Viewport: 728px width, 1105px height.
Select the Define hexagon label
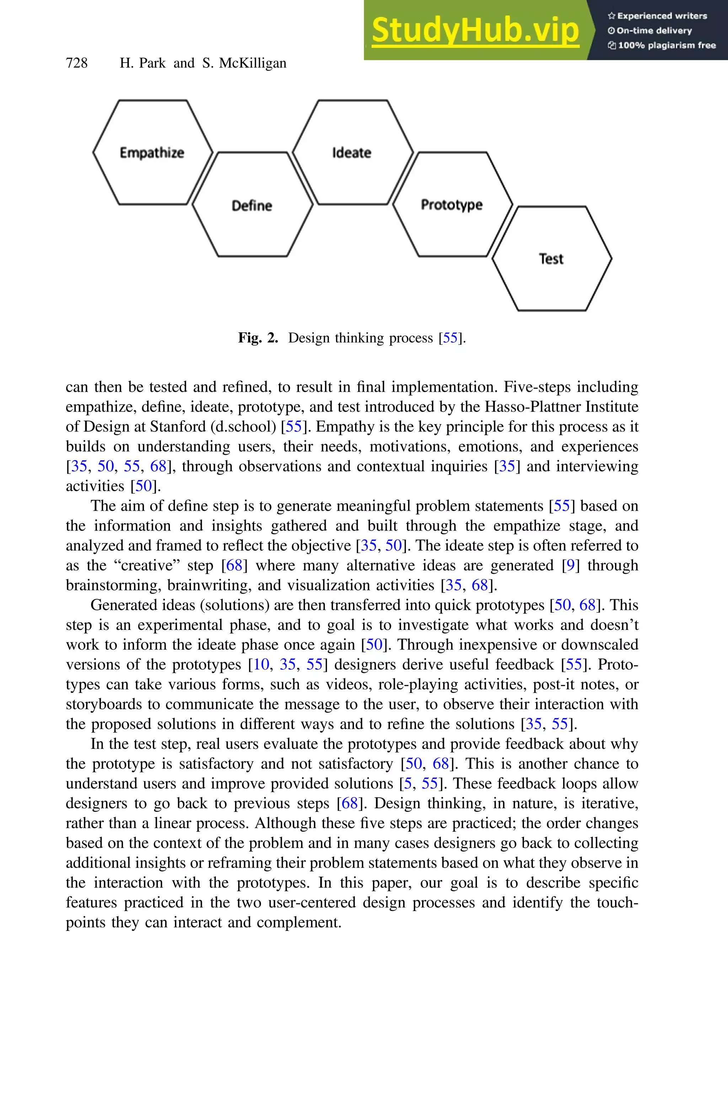pos(252,205)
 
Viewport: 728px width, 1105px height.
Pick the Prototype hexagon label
pos(451,205)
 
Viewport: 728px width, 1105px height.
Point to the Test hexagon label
pos(551,258)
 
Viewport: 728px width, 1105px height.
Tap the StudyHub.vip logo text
pos(475,30)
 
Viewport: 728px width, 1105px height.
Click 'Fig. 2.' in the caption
pos(258,338)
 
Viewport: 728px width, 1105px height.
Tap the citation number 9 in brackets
pos(571,565)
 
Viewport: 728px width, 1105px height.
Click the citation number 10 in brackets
pos(261,664)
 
